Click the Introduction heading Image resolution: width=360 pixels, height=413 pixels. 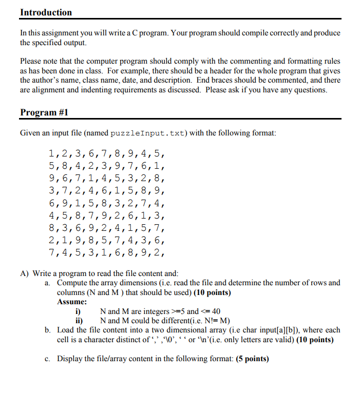click(x=46, y=12)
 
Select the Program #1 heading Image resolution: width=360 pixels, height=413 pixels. click(x=44, y=112)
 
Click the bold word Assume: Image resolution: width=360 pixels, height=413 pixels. click(x=72, y=302)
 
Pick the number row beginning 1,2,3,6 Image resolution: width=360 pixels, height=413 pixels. click(x=107, y=153)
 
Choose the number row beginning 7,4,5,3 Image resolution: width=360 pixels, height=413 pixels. click(x=107, y=252)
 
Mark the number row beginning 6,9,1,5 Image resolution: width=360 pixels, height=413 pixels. click(x=107, y=203)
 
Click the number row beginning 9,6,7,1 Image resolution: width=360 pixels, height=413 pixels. click(x=107, y=178)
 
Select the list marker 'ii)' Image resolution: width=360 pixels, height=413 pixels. click(x=79, y=321)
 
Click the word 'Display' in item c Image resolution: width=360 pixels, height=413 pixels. click(x=71, y=359)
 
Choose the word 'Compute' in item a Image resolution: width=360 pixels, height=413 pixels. click(x=73, y=283)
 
